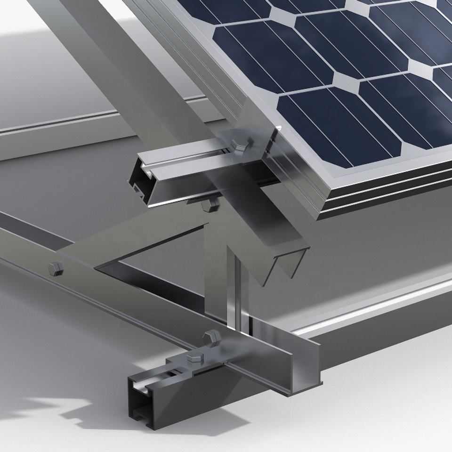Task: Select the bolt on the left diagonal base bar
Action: [55, 269]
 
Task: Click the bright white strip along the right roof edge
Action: [377, 306]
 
